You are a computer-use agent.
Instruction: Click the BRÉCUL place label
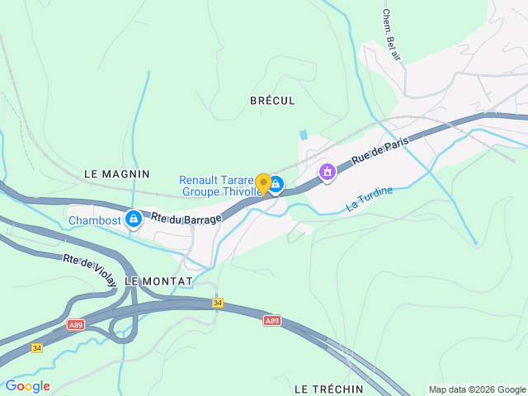tap(271, 100)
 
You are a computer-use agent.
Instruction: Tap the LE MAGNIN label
tap(117, 174)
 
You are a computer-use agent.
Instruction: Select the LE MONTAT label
tap(158, 281)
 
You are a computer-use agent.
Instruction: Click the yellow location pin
tap(263, 184)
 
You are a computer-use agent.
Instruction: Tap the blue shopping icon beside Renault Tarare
tap(276, 185)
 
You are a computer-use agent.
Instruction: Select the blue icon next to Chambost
tap(132, 219)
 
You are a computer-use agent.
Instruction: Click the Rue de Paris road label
tap(380, 153)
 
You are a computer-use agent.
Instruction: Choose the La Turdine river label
tap(370, 199)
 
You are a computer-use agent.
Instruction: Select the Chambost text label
tap(95, 220)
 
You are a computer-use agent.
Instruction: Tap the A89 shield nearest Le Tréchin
tap(272, 320)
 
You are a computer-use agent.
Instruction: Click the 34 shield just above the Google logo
tap(36, 348)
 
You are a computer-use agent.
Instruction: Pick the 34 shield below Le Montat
tap(218, 304)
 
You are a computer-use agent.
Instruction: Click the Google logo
tap(27, 386)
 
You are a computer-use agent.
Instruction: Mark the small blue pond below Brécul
tap(304, 134)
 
